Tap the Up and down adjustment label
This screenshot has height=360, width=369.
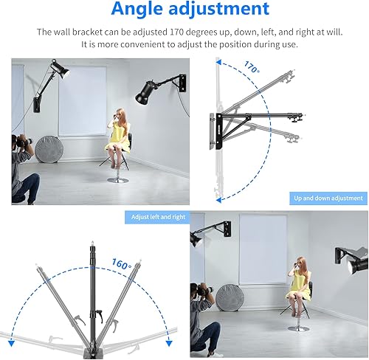tap(328, 198)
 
